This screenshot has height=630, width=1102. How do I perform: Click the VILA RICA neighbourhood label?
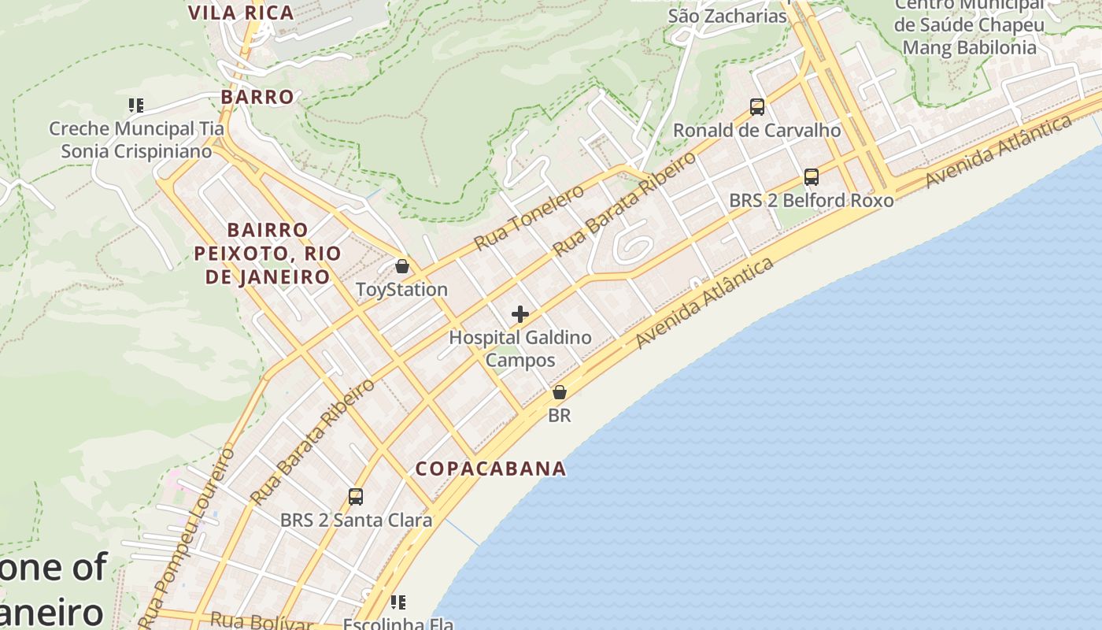tap(241, 13)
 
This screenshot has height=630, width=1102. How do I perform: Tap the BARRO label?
tap(257, 97)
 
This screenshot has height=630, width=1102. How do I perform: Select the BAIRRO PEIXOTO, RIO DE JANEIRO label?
tap(268, 254)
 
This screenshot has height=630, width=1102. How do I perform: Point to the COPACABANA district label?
tap(491, 469)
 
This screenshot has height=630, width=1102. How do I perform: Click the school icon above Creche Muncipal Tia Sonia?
tap(135, 106)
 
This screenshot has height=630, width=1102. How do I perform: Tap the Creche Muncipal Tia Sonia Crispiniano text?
tap(136, 140)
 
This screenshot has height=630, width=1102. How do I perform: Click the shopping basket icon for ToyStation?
tap(402, 267)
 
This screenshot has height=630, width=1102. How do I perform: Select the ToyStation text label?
tap(401, 290)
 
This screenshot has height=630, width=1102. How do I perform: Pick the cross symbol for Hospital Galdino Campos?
tap(520, 315)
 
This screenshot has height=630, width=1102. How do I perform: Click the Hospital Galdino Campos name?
tap(520, 349)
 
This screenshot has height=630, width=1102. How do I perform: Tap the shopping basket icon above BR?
tap(559, 392)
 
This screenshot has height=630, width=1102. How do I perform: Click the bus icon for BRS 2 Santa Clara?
tap(356, 497)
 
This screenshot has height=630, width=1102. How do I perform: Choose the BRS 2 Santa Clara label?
tap(356, 521)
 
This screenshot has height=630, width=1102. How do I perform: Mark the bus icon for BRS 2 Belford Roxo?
tap(812, 177)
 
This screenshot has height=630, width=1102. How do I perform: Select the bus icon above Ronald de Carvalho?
tap(757, 107)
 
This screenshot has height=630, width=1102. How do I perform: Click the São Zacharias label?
tap(727, 16)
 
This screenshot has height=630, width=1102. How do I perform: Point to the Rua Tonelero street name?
tap(529, 217)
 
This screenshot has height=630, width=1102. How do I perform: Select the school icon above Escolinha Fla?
tap(398, 602)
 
